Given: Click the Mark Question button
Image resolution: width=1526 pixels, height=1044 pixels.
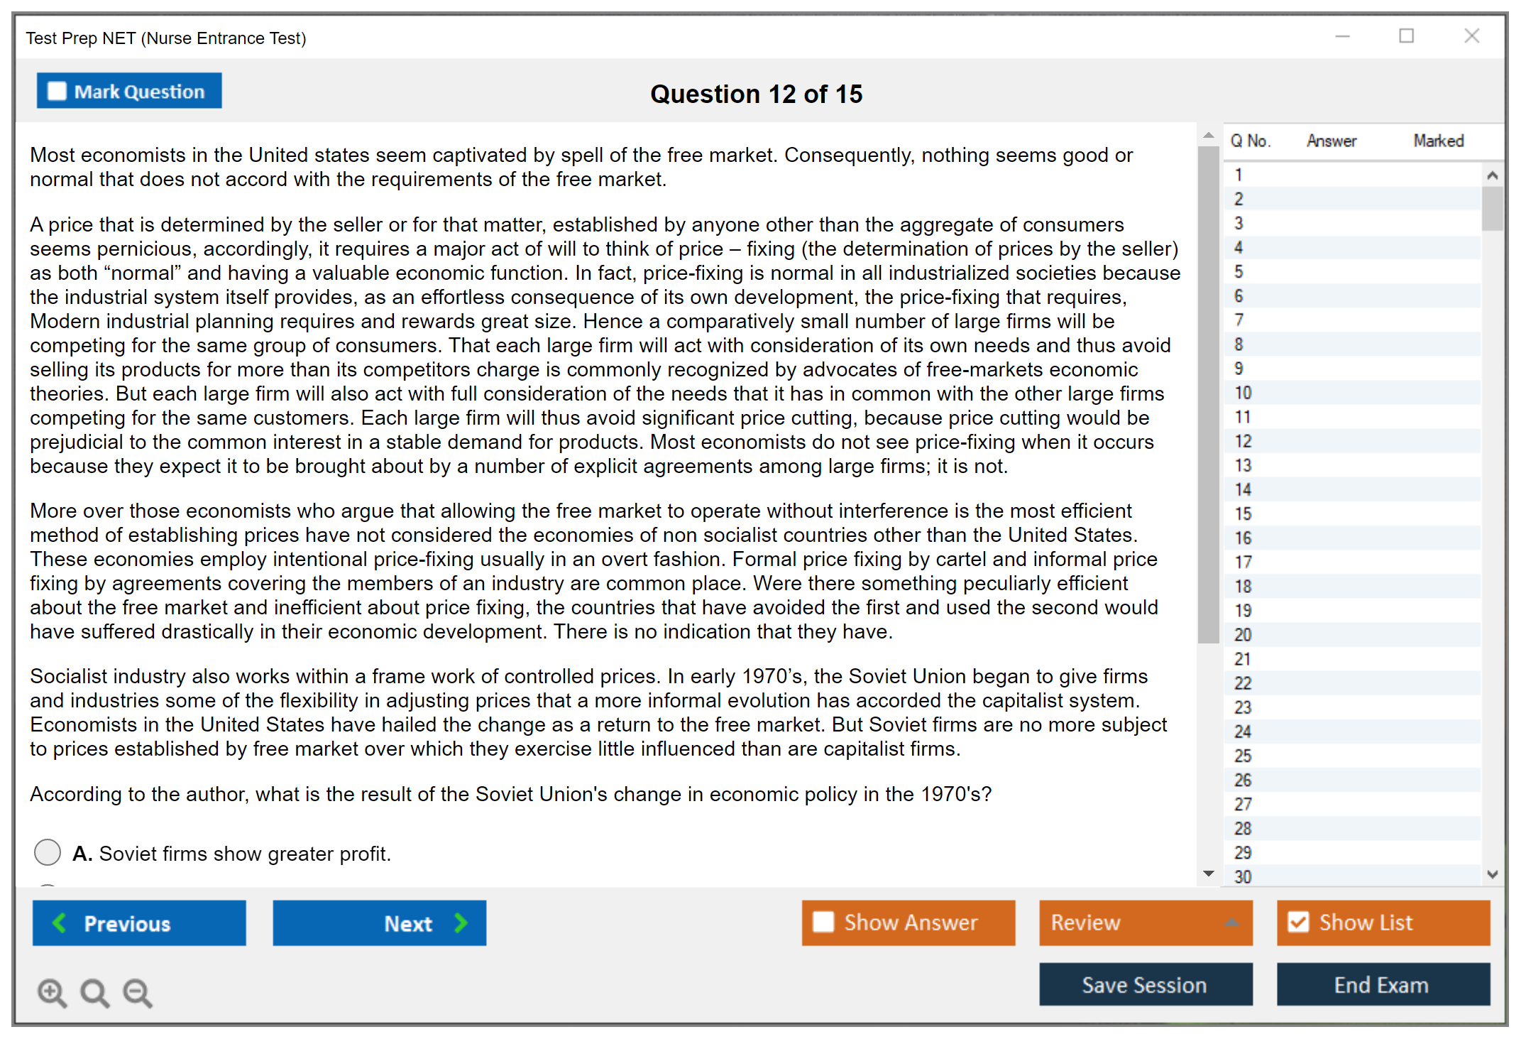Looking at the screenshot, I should pos(129,92).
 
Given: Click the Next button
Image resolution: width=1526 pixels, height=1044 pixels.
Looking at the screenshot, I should pos(379,923).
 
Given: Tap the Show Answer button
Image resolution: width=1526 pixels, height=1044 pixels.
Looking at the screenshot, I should pos(908,923).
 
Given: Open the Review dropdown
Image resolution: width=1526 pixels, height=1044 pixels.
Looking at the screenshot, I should pos(1145,923).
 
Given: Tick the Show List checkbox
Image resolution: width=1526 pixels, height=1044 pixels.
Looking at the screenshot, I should pos(1299,923).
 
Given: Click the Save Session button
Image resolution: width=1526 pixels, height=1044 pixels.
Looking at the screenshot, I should pos(1145,984).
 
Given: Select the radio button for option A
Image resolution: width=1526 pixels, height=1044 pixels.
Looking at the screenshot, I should pos(48,852).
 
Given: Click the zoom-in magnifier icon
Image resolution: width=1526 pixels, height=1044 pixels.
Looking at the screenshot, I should pos(52,992).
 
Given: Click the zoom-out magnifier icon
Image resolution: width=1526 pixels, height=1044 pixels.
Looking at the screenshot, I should pos(138,992).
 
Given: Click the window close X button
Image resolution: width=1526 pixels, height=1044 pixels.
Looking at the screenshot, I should pos(1471,36).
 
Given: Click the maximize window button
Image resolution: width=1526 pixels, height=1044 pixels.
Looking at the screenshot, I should pos(1406,36).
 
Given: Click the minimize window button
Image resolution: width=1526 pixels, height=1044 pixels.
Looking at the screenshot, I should pos(1342,36).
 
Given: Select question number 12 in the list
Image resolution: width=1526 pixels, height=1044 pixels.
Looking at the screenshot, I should pos(1243,441).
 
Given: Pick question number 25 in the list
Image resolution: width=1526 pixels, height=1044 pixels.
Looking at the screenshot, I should pos(1243,756).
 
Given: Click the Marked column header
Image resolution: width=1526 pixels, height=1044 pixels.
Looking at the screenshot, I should pos(1438,141).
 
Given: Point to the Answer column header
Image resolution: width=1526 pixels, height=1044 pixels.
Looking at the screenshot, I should pos(1331,141).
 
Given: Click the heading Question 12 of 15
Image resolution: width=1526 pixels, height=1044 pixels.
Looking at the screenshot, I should pos(756,94).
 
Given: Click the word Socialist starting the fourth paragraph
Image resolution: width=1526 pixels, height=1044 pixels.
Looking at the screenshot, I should pos(68,676).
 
